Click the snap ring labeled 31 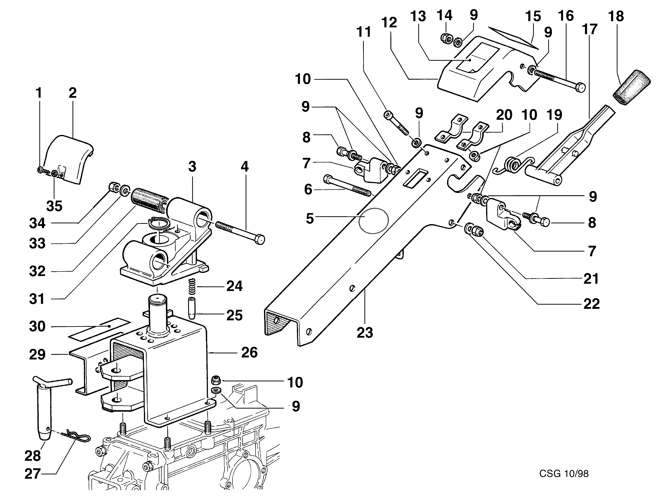pos(159,223)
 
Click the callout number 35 pos(54,206)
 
